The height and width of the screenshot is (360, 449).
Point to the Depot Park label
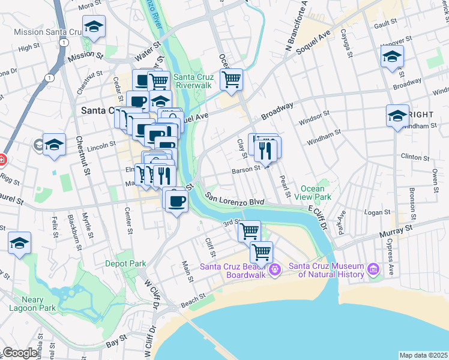click(x=125, y=263)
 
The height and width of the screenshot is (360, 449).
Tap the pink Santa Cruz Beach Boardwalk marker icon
click(x=275, y=270)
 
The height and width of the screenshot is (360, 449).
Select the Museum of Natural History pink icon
click(x=373, y=270)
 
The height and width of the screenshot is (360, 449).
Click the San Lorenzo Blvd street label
click(x=235, y=199)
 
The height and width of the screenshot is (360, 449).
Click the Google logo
click(x=19, y=353)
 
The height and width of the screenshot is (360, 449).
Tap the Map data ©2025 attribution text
click(x=424, y=355)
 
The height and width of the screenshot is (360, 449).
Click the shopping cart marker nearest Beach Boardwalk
click(x=261, y=251)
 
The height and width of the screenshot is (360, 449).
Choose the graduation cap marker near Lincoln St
click(x=54, y=145)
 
